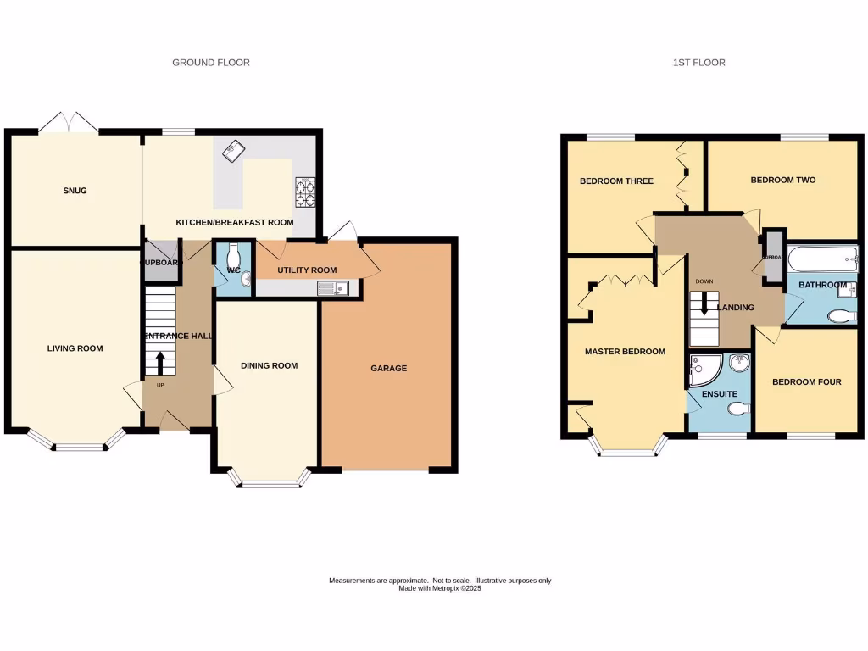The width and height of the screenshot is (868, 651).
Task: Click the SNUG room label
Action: [75, 191]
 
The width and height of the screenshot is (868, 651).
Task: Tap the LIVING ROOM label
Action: [75, 348]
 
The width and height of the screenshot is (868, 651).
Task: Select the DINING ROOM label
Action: [270, 366]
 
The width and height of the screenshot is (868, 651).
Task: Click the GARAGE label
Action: [388, 368]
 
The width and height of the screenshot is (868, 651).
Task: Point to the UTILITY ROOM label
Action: [307, 270]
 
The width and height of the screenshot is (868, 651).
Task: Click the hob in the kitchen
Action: [305, 192]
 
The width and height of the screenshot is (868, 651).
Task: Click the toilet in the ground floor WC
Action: [236, 254]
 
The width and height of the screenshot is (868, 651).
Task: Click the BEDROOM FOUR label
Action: [806, 382]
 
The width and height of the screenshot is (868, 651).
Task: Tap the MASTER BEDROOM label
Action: [625, 352]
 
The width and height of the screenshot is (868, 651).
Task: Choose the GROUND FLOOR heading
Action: [211, 63]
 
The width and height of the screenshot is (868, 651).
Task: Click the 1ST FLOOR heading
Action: [698, 63]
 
